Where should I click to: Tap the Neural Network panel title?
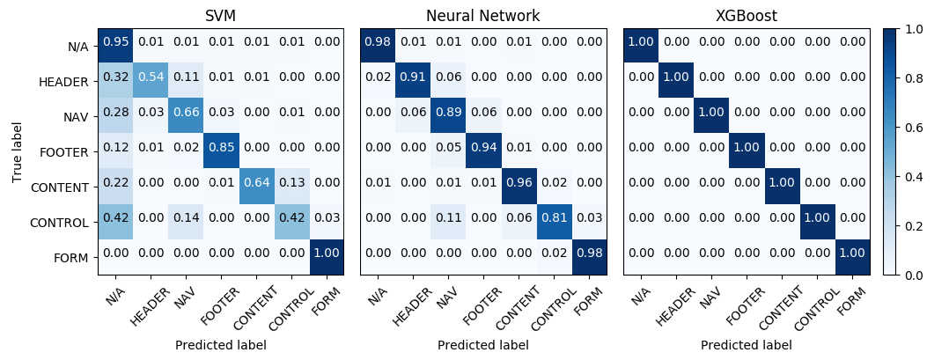tap(482, 16)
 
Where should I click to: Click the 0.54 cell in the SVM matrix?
tap(151, 81)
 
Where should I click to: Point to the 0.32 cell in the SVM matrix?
tap(115, 81)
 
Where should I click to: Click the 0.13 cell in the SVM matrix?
tap(290, 187)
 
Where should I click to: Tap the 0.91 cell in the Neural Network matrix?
tap(413, 81)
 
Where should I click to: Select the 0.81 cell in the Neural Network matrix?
tap(552, 222)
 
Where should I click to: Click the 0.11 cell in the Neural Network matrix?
tap(448, 222)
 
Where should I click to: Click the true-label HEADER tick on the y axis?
tap(64, 81)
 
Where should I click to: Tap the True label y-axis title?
tap(18, 151)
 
